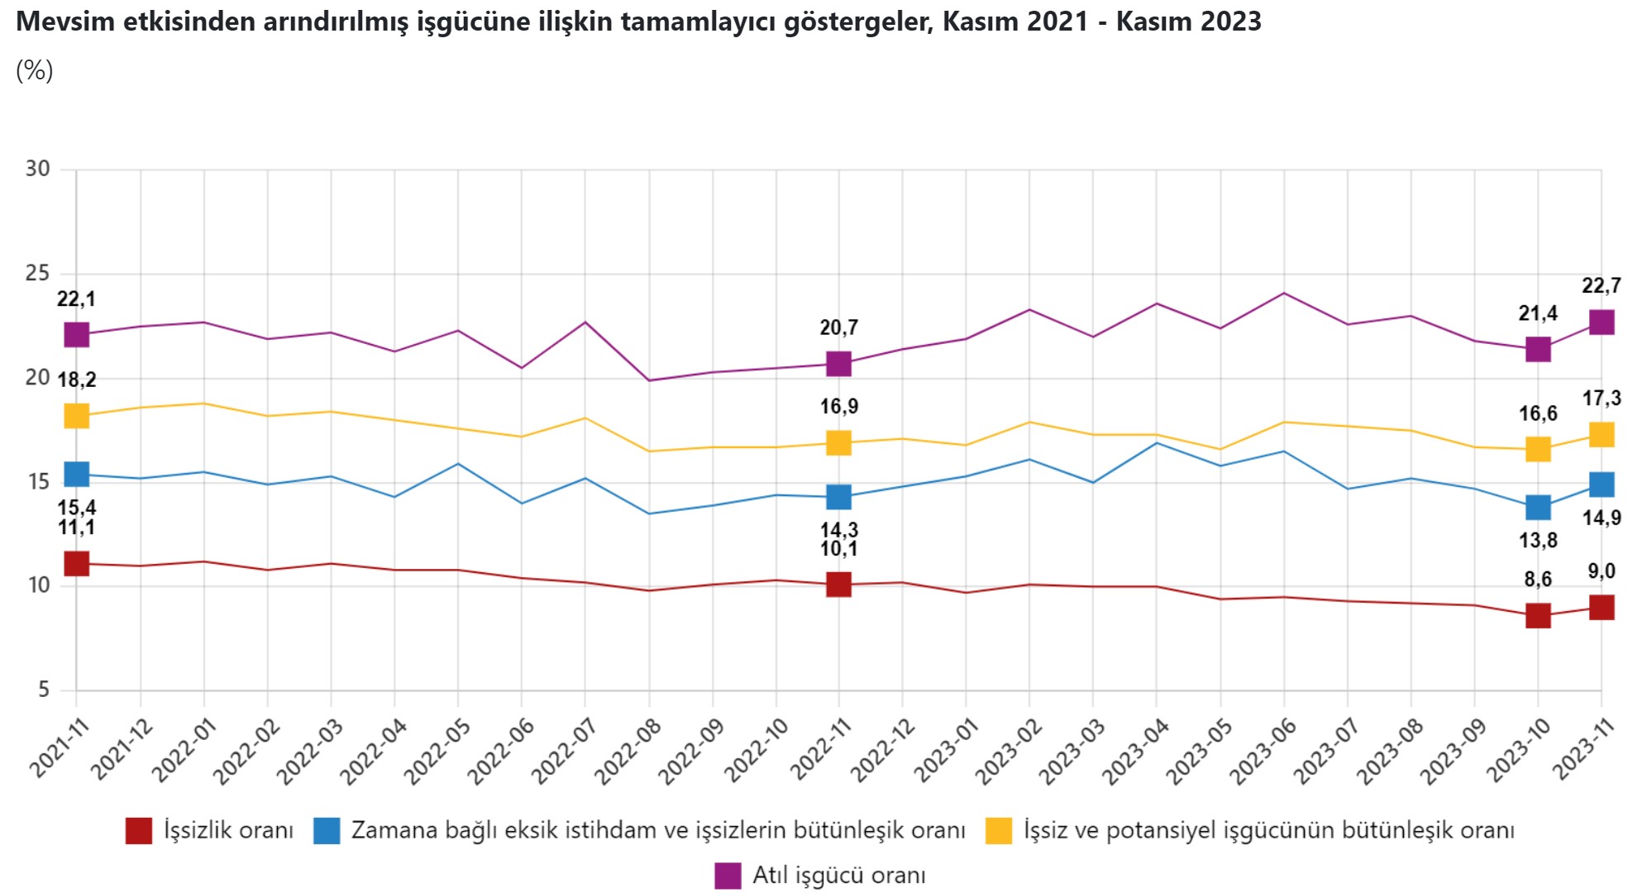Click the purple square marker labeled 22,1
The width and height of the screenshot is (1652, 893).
(x=76, y=334)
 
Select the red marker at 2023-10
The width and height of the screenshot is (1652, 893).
(x=1537, y=615)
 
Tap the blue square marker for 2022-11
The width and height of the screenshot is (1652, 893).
(x=838, y=497)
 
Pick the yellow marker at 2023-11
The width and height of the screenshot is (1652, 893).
(x=1601, y=435)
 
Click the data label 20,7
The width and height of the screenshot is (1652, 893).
(x=838, y=327)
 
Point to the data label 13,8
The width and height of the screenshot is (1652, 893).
(x=1537, y=541)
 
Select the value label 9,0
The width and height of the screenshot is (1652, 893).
(x=1601, y=571)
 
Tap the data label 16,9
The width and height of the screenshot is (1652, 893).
(x=838, y=406)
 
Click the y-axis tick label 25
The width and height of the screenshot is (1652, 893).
(x=37, y=273)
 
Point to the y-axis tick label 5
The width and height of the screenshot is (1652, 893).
(x=43, y=689)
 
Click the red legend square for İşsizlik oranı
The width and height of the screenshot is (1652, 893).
(x=139, y=830)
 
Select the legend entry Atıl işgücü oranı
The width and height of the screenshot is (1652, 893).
(x=838, y=875)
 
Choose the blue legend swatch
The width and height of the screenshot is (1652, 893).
(x=327, y=830)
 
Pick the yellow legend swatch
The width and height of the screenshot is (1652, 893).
(x=999, y=830)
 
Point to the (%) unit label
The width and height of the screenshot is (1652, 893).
(x=34, y=70)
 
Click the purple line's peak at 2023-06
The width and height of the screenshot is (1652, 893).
(x=1283, y=293)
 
